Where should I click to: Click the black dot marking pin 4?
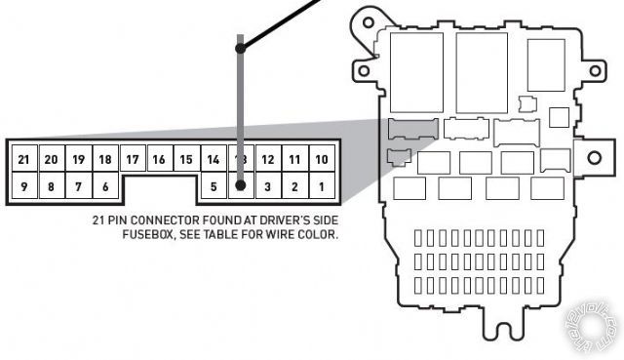240,184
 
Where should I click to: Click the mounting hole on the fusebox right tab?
593,157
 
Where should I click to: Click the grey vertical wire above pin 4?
240,98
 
